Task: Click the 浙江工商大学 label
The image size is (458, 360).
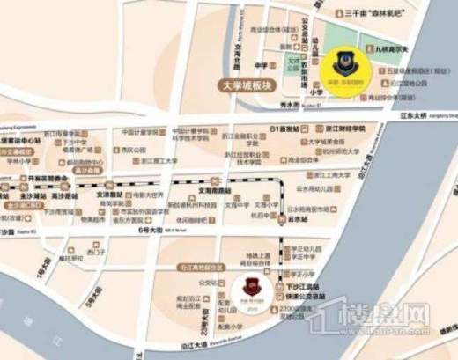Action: point(160,162)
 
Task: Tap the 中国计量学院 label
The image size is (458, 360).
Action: point(139,133)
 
